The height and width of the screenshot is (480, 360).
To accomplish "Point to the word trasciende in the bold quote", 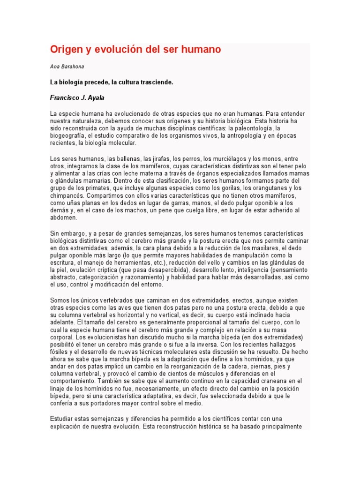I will tap(157, 82).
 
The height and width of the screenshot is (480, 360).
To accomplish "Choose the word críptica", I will tap(111, 270).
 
